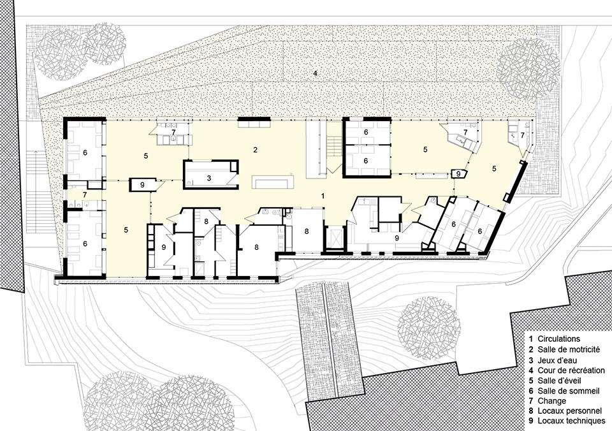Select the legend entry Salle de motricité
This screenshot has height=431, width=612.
[x=568, y=349]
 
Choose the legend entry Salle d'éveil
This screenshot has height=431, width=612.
[x=560, y=380]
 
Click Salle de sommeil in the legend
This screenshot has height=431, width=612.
[x=568, y=391]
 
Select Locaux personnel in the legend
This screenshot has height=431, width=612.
[x=569, y=411]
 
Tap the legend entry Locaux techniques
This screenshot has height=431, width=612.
[x=571, y=421]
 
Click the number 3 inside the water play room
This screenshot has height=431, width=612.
[x=209, y=179]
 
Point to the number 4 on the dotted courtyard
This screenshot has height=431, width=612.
[x=316, y=73]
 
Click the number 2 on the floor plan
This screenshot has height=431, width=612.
[x=255, y=150]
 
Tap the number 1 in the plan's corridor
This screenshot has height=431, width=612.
[x=323, y=196]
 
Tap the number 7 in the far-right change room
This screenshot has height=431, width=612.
[x=523, y=135]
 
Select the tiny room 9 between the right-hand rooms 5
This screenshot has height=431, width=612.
[x=459, y=173]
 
